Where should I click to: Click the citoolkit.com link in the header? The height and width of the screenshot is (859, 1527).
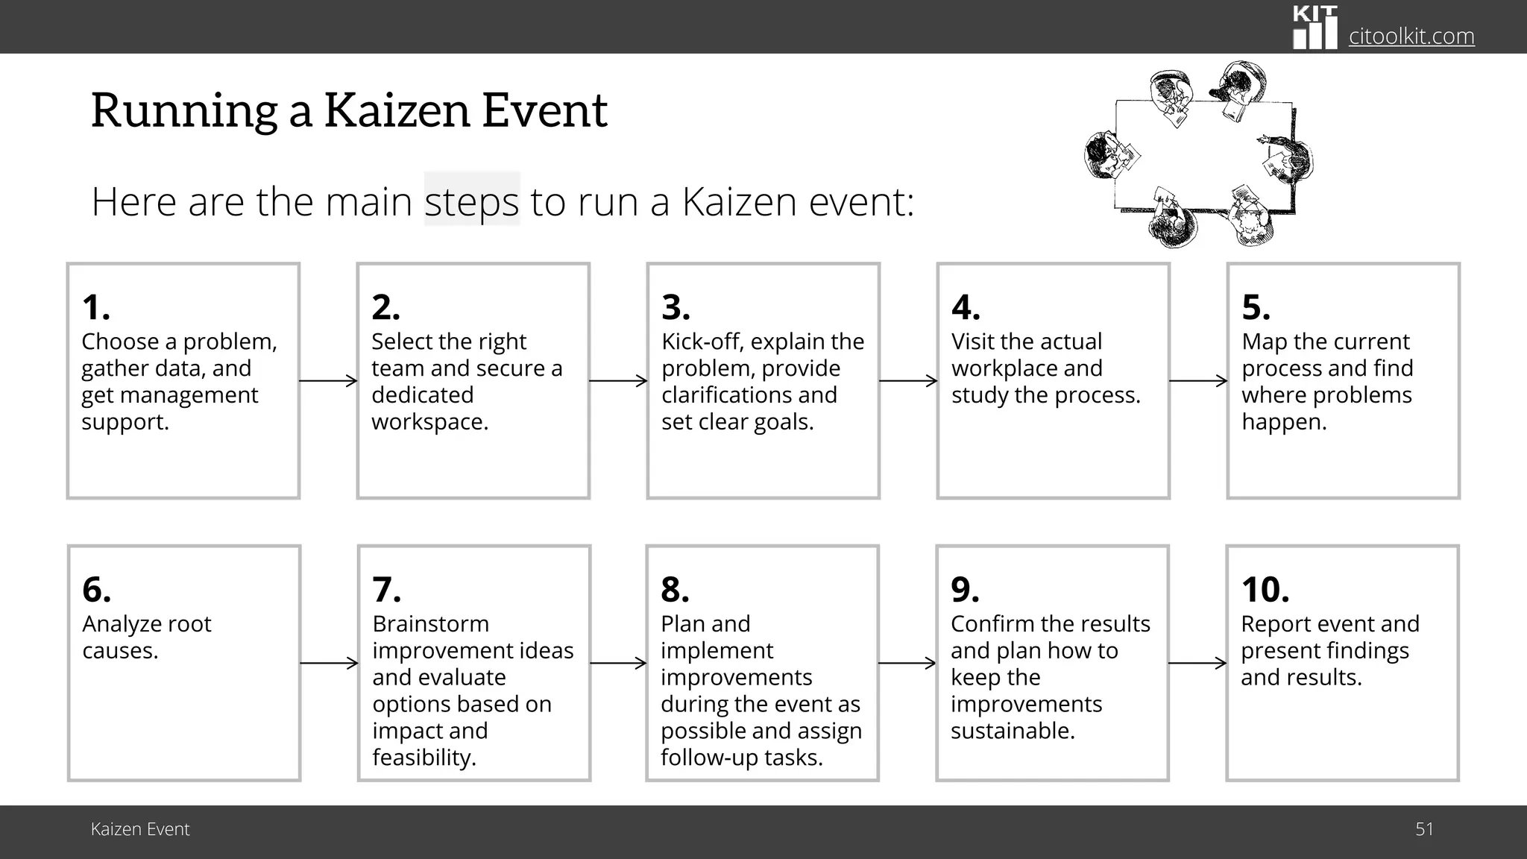click(x=1411, y=36)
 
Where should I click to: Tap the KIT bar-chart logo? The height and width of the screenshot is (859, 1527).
click(x=1315, y=28)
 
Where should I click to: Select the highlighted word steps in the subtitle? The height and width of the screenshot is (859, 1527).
click(x=471, y=201)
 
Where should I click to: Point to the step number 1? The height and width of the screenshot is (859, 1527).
click(x=96, y=307)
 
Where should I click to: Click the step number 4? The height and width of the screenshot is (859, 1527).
click(x=966, y=307)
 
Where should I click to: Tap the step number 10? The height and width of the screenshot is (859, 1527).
click(x=1265, y=590)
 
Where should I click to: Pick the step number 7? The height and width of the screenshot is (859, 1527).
click(x=386, y=590)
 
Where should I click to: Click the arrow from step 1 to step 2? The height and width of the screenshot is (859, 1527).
click(x=328, y=381)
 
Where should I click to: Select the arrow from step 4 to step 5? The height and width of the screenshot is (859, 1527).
click(x=1198, y=381)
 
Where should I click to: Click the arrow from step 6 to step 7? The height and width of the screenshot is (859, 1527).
click(x=329, y=663)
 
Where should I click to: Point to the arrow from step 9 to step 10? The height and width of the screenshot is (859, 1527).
click(x=1197, y=663)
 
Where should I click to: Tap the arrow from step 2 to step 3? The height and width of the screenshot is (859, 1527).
click(x=618, y=381)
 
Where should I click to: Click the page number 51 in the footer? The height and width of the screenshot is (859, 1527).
click(x=1424, y=829)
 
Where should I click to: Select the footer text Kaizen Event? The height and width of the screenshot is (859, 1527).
click(x=140, y=829)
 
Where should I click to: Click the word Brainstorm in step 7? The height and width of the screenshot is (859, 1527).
click(x=430, y=624)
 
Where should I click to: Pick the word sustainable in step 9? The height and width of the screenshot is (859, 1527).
click(x=1012, y=731)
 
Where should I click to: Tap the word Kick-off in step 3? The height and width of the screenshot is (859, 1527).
click(x=702, y=342)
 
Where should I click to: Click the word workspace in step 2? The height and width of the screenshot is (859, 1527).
click(x=429, y=422)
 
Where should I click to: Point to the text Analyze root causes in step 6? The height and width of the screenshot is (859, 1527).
click(x=147, y=637)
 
